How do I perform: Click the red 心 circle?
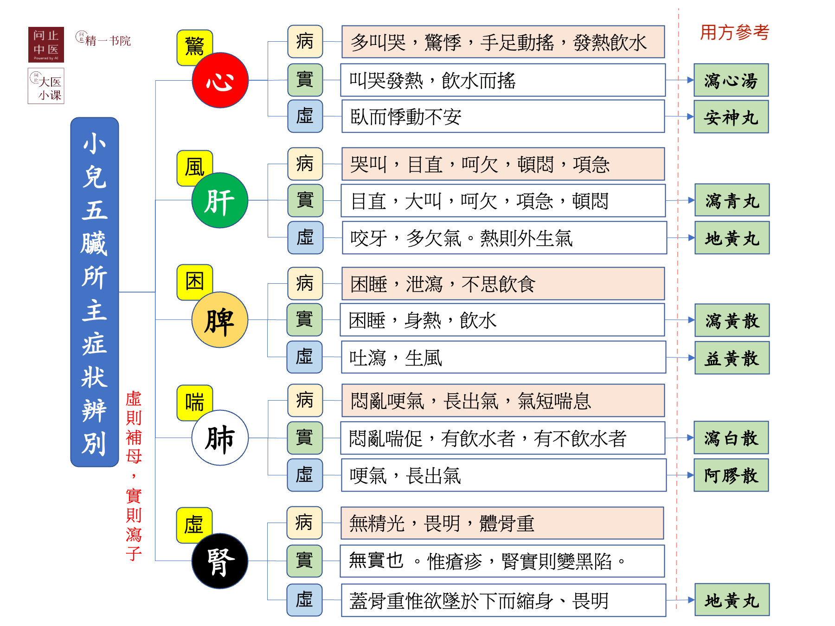tap(220, 80)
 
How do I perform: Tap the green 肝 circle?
tap(220, 200)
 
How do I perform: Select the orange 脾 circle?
tap(220, 320)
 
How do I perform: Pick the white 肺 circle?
tap(220, 438)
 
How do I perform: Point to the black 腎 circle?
tap(220, 561)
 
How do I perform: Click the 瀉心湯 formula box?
tap(731, 80)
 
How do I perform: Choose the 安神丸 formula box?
tap(731, 117)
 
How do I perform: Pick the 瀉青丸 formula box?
tap(732, 200)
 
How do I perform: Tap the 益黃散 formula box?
tap(732, 358)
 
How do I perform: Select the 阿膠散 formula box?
tap(731, 475)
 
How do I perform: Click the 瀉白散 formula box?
tap(731, 438)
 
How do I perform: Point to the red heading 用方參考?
tap(735, 32)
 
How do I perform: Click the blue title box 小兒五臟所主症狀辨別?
tap(95, 292)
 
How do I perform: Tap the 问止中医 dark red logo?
tap(46, 45)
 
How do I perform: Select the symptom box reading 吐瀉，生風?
tap(503, 358)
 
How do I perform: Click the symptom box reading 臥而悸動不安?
tap(503, 117)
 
